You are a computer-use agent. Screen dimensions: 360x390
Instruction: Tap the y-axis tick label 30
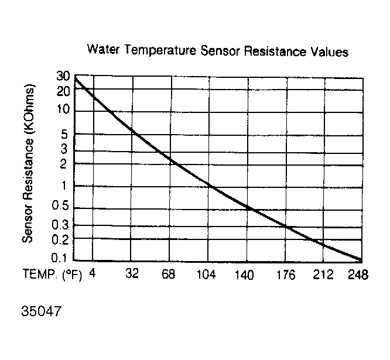coord(63,77)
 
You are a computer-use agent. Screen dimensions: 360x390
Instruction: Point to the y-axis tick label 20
coord(63,91)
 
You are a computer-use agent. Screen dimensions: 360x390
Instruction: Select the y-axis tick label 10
coord(63,109)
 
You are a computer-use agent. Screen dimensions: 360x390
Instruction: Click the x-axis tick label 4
coord(93,273)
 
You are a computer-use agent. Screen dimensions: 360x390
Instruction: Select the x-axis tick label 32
coord(132,274)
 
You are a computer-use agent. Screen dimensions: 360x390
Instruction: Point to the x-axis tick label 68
coord(169,274)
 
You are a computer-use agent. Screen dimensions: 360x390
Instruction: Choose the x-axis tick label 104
coord(206,274)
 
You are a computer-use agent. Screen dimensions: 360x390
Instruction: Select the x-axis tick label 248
coord(357,274)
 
